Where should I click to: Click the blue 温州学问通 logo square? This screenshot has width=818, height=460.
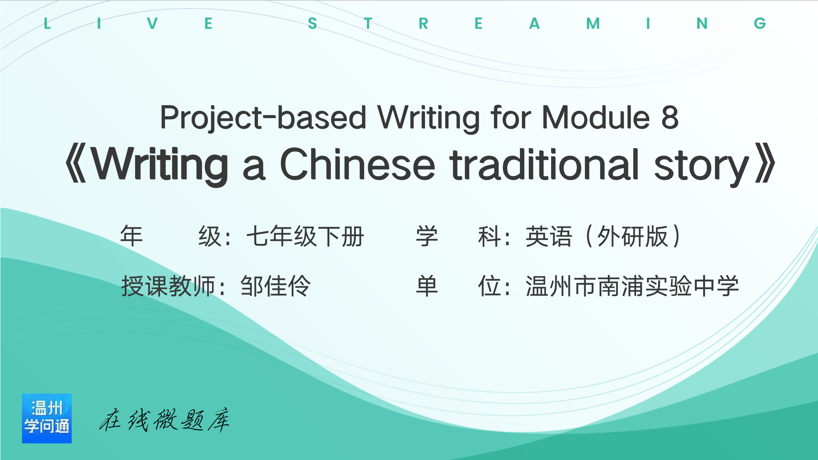pyautogui.click(x=47, y=418)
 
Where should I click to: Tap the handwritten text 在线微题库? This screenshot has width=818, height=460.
pyautogui.click(x=164, y=420)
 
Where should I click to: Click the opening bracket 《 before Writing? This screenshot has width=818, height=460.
pyautogui.click(x=76, y=163)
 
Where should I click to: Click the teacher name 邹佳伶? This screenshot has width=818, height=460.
pyautogui.click(x=275, y=286)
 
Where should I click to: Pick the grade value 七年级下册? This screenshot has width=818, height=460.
pyautogui.click(x=305, y=236)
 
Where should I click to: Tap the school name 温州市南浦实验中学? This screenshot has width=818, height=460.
pyautogui.click(x=632, y=286)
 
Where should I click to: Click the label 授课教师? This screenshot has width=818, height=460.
pyautogui.click(x=168, y=286)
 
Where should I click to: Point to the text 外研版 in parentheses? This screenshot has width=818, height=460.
pyautogui.click(x=632, y=236)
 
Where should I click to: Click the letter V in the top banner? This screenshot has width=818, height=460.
pyautogui.click(x=152, y=23)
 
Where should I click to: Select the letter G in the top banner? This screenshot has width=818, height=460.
pyautogui.click(x=760, y=23)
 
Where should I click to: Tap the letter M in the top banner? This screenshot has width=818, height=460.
pyautogui.click(x=593, y=23)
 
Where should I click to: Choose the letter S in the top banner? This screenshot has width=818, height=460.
pyautogui.click(x=312, y=23)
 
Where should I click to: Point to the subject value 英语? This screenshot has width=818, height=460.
pyautogui.click(x=549, y=236)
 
